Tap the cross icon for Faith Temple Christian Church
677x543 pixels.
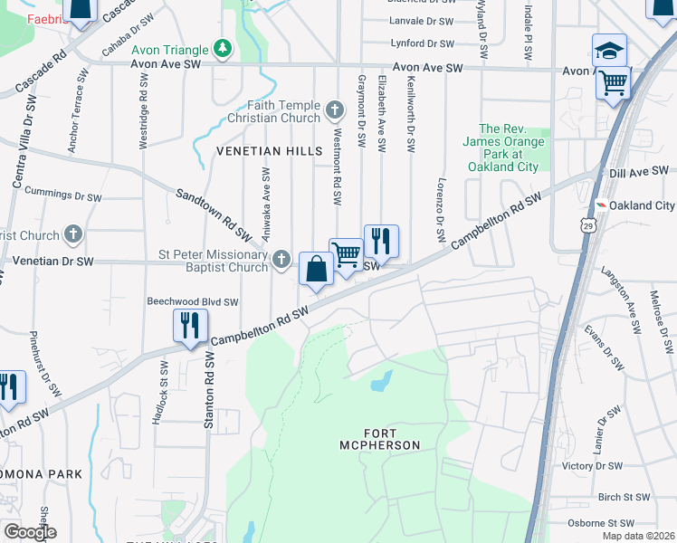(x=335, y=111)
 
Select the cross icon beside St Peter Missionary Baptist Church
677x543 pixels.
(x=281, y=261)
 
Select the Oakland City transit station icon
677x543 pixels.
(x=599, y=205)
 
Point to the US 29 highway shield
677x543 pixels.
(x=589, y=227)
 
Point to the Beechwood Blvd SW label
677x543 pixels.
(x=193, y=302)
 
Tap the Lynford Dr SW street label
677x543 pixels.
(x=421, y=43)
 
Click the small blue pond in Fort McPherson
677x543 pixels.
(x=381, y=380)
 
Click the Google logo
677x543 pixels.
(x=30, y=531)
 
